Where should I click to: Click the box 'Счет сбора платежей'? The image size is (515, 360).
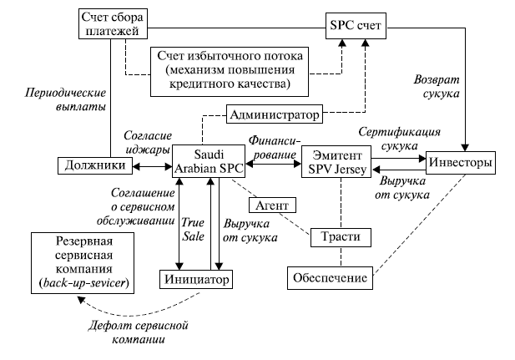click(116, 24)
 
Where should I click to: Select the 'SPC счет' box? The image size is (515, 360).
click(356, 25)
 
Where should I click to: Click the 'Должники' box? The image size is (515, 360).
click(88, 165)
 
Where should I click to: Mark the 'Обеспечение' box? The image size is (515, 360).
click(329, 276)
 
